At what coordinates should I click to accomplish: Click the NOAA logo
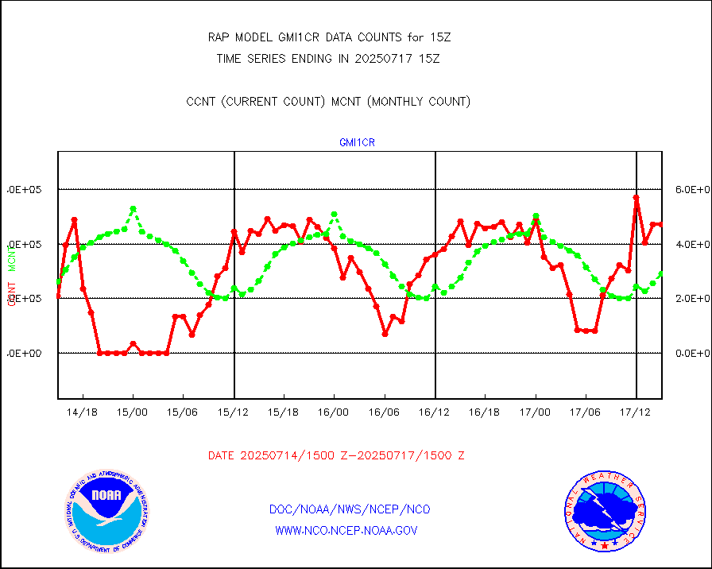107,510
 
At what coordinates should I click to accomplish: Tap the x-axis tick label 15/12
234,412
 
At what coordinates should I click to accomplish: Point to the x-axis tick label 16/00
335,412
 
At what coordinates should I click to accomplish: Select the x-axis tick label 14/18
83,412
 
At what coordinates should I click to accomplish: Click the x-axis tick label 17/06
586,412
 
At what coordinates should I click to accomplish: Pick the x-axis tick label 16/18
485,412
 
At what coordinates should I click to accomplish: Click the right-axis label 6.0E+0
692,190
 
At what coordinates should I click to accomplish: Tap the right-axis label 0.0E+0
692,353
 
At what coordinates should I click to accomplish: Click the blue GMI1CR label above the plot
357,143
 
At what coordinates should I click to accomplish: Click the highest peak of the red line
637,197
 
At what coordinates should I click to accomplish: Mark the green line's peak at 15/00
133,209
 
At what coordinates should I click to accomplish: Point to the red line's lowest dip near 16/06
385,335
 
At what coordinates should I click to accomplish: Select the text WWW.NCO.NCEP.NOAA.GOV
346,530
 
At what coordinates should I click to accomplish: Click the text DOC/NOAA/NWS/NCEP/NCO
350,509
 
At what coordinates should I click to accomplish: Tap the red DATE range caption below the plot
336,456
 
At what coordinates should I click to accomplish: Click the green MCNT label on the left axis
12,257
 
